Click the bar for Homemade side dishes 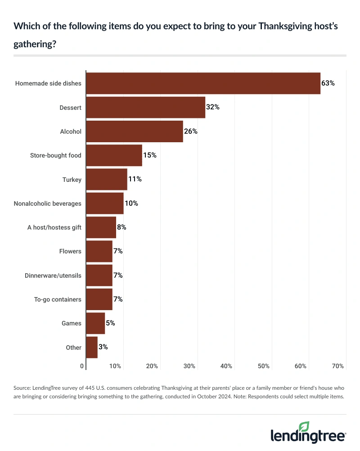[203, 83]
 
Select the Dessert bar [145, 108]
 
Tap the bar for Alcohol [134, 131]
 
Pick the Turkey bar [106, 180]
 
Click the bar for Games [95, 323]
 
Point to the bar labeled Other [91, 347]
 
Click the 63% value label [328, 83]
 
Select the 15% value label [150, 155]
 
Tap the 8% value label [121, 227]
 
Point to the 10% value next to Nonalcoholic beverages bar [131, 203]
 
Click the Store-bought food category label [55, 156]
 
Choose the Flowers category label [70, 251]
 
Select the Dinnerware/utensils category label [53, 275]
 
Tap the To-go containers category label [58, 299]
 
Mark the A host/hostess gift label [54, 227]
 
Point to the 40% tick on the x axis [226, 366]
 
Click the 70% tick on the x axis [337, 366]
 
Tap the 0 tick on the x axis [82, 366]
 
